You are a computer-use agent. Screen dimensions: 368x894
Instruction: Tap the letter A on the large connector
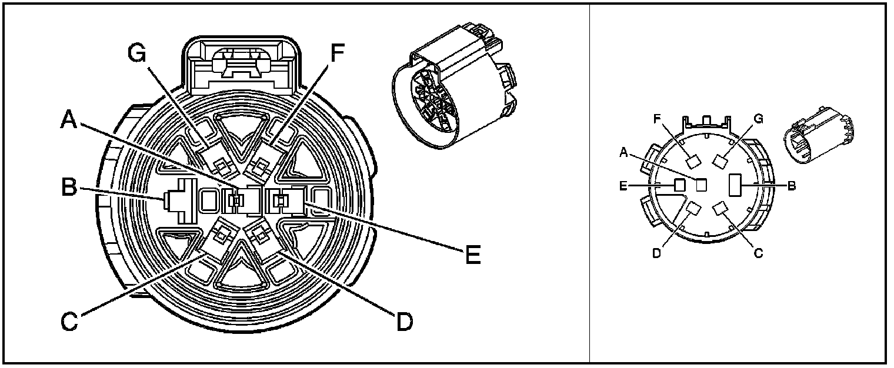(70, 121)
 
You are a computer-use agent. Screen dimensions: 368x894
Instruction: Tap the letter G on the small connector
(759, 119)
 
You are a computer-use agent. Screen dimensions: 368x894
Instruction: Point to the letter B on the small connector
(792, 186)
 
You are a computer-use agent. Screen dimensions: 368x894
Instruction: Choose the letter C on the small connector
(759, 253)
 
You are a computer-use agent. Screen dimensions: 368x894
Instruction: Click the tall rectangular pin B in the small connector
(735, 185)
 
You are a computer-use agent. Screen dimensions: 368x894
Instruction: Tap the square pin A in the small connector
(701, 185)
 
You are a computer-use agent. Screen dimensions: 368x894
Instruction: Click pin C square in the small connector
(719, 209)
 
